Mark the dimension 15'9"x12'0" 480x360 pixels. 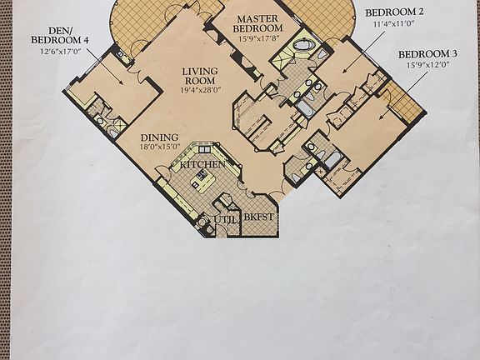427,64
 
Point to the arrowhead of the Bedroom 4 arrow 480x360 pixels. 123,85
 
